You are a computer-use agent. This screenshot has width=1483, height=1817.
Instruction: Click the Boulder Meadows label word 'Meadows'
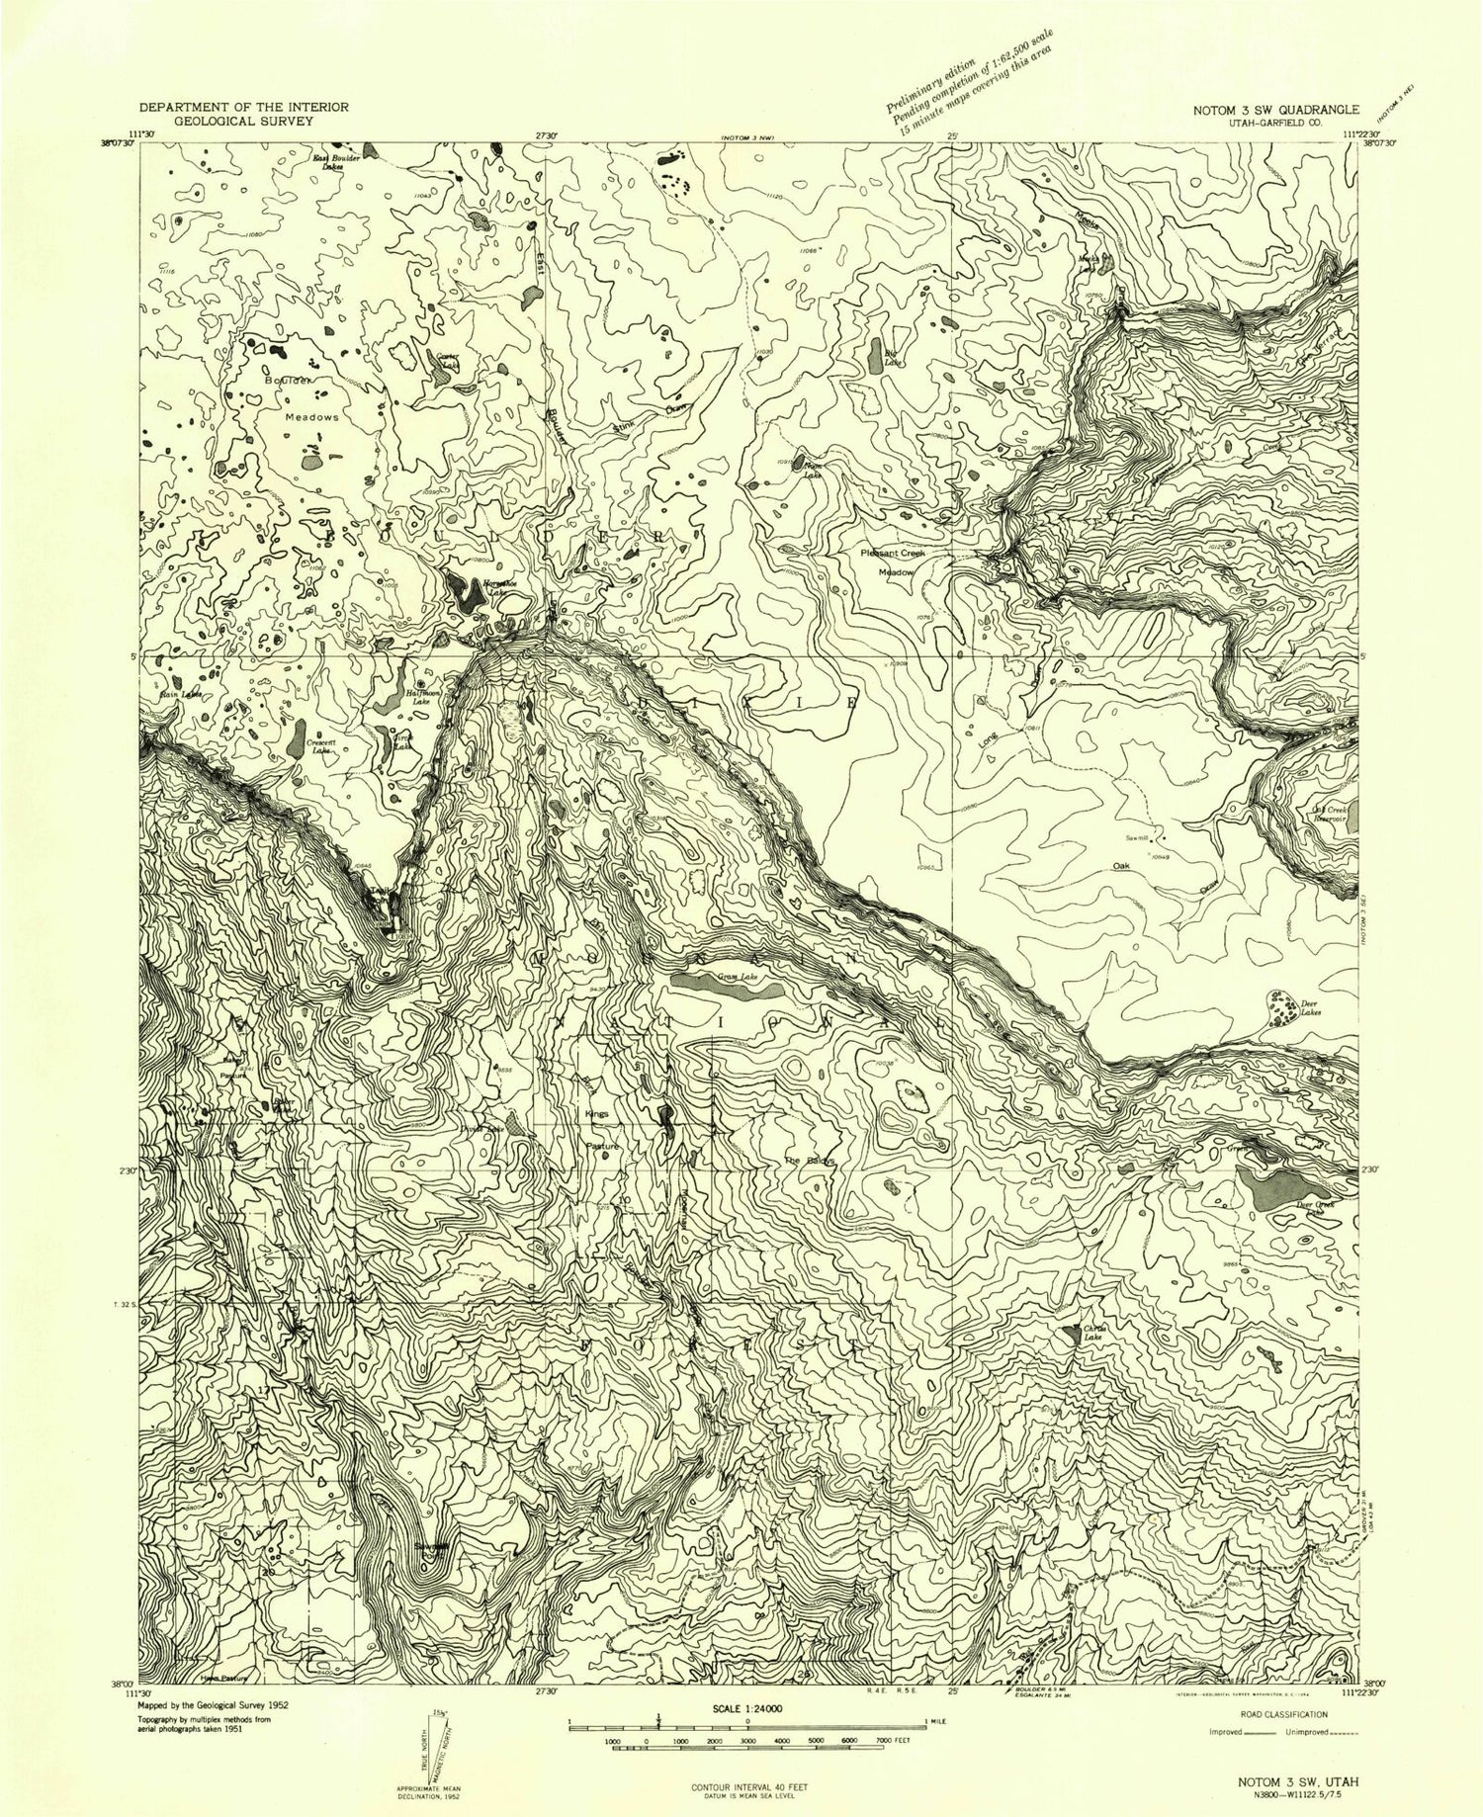pyautogui.click(x=311, y=417)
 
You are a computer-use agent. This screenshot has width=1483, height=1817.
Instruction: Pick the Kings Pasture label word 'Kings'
pyautogui.click(x=596, y=1114)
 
